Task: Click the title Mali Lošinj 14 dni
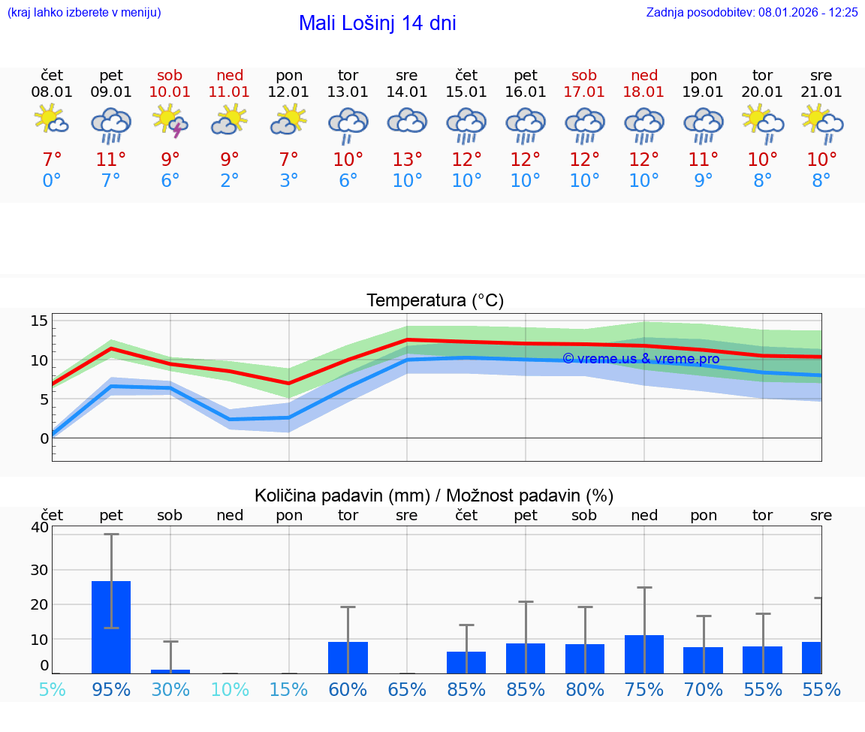[377, 23]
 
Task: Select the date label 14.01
[407, 92]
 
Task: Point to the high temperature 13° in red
[407, 160]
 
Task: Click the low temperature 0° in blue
[52, 181]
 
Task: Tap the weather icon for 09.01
[111, 124]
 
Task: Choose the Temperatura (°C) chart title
[435, 301]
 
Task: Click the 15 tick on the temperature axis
[39, 321]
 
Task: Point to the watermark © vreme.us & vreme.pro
[640, 359]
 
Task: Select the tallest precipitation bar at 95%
[111, 627]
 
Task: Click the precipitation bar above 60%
[348, 658]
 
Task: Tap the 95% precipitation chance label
[111, 689]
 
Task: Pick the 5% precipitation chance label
[52, 689]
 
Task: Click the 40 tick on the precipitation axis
[40, 528]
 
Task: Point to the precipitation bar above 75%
[644, 654]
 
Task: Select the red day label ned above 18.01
[644, 75]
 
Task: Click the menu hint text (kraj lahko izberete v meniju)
[84, 12]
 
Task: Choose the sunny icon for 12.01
[289, 120]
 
